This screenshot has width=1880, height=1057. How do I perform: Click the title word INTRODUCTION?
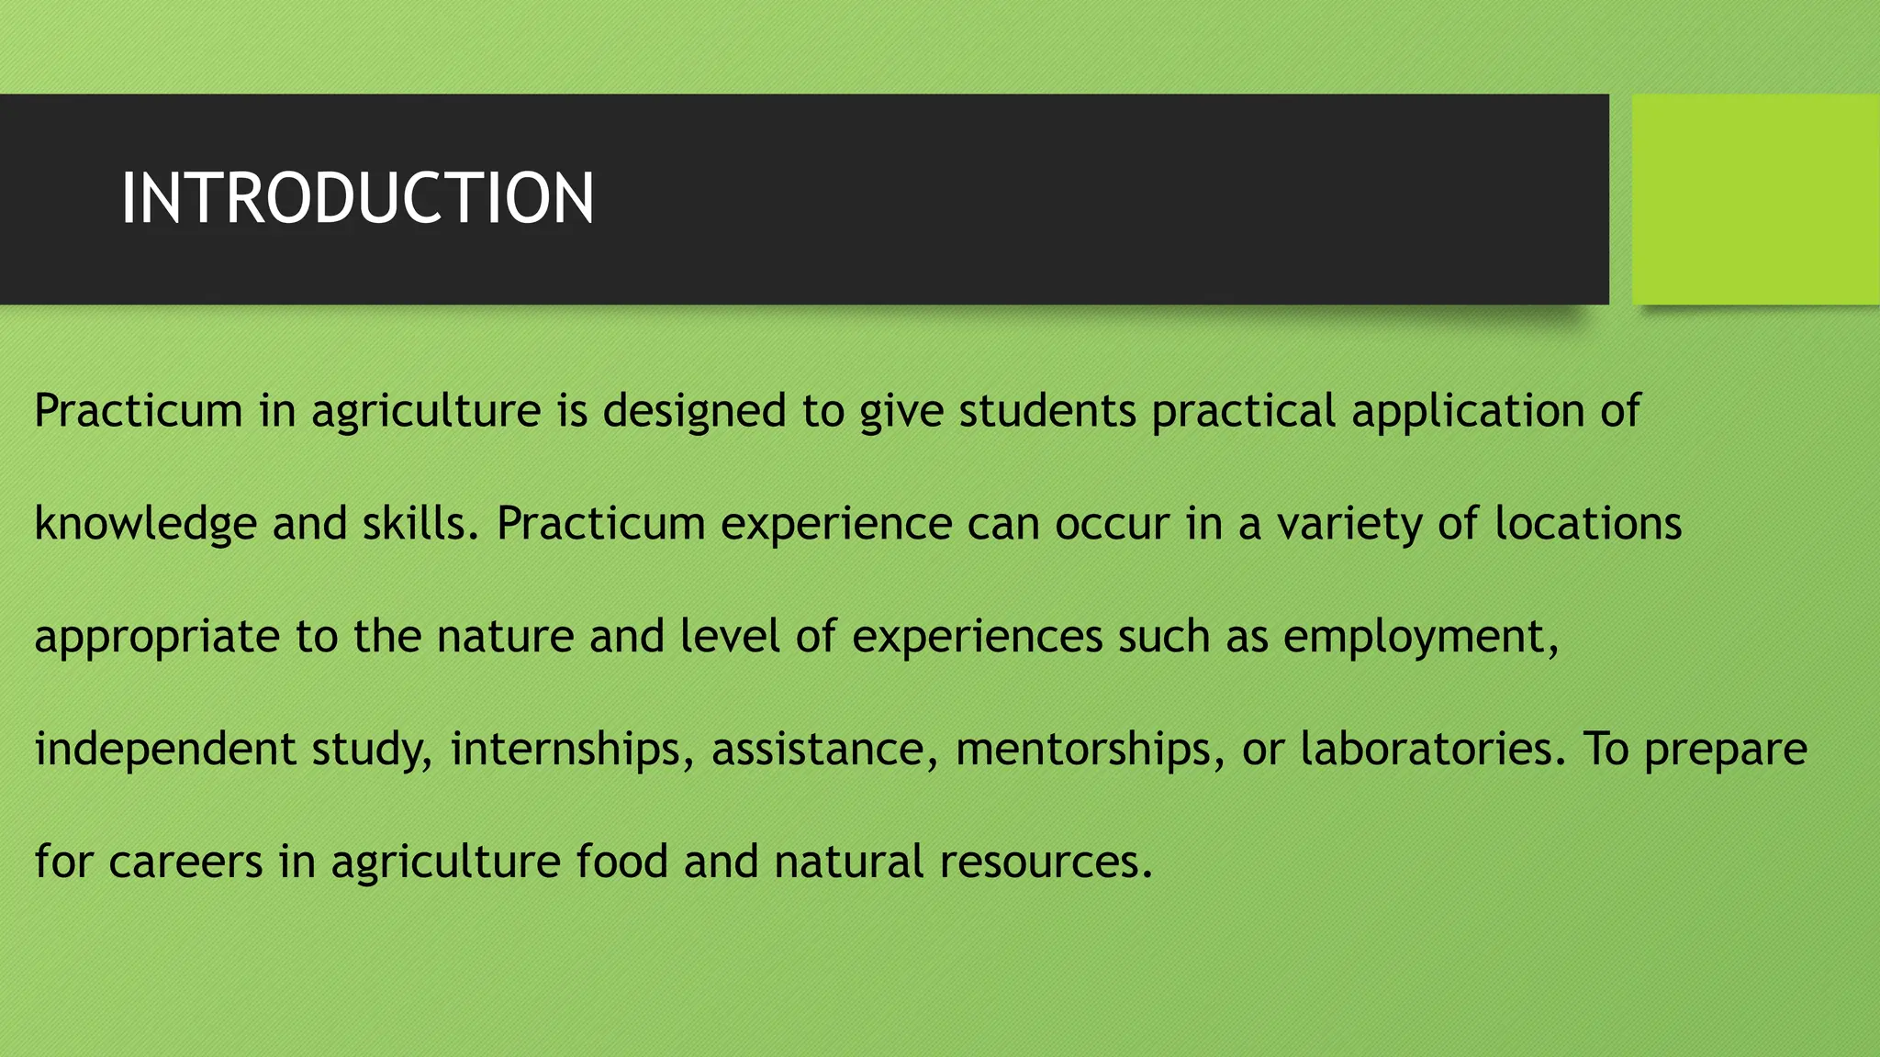(357, 198)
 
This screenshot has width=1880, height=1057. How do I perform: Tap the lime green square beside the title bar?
(1755, 199)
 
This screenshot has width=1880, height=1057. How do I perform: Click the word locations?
(1588, 524)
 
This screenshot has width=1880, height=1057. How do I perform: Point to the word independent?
(165, 750)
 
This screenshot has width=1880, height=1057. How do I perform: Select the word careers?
(185, 862)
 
